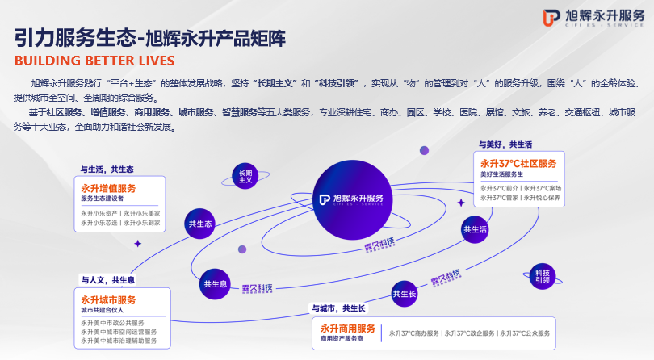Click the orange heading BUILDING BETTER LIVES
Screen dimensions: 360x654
[x=94, y=61]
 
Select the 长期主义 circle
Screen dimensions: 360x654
[x=245, y=177]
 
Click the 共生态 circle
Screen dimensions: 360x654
[x=200, y=224]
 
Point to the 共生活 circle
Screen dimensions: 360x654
[x=475, y=230]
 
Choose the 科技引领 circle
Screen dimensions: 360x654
[x=543, y=276]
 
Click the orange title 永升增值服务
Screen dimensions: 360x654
[x=108, y=188]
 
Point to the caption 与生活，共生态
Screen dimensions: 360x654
[x=107, y=170]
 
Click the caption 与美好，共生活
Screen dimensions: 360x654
[x=505, y=145]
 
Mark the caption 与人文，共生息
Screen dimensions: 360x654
[x=107, y=279]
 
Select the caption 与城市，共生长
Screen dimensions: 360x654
[x=338, y=308]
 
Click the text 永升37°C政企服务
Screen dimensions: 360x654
[x=469, y=333]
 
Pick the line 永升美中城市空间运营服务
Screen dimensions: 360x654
[x=119, y=332]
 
